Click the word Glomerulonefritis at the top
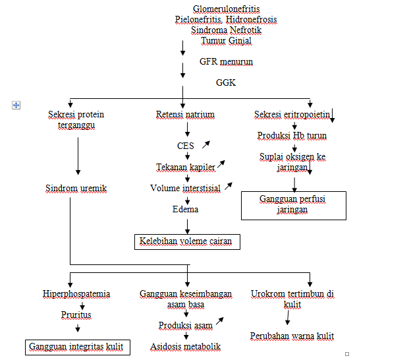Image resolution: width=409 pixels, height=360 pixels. (x=226, y=9)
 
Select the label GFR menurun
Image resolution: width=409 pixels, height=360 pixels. (x=226, y=61)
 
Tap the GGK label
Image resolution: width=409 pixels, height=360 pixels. (x=226, y=82)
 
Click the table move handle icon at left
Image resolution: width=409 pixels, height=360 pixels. (x=16, y=105)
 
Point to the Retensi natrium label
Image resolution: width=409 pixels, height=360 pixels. (x=185, y=115)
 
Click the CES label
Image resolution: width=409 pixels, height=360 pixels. (x=186, y=146)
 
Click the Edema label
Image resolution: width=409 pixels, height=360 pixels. (x=186, y=209)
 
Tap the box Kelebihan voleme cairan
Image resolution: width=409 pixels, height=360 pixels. (x=187, y=242)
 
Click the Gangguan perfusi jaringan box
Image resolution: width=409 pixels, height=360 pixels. (x=293, y=205)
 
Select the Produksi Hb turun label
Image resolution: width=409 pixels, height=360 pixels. (x=292, y=136)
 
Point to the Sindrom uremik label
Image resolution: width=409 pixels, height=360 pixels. (x=76, y=189)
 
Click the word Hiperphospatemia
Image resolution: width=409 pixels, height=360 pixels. (x=76, y=293)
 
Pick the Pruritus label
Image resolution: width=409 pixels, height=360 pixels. (x=76, y=315)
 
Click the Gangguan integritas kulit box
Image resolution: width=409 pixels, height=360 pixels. (x=77, y=347)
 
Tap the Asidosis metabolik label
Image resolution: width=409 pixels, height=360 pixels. (x=185, y=347)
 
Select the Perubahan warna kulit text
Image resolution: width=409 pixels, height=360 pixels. (x=292, y=336)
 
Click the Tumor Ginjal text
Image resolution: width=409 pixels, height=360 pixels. (x=226, y=40)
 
